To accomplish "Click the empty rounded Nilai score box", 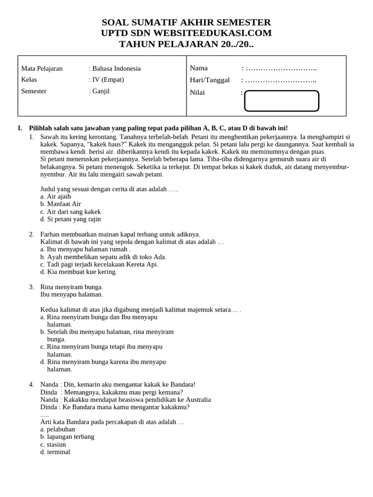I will pos(281,101).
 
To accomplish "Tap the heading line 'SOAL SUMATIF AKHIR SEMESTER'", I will pos(186,22).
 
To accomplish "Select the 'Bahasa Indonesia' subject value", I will pos(116,68).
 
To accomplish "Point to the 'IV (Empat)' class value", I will pos(108,80).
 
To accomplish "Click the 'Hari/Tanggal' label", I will pos(210,80).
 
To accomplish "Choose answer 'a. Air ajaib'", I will pos(56,197).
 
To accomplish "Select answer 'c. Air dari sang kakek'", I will pos(70,212).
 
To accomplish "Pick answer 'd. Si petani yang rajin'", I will pos(70,219).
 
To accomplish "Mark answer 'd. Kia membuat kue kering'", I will pos(79,272).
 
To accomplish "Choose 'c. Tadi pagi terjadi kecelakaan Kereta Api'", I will pos(99,264).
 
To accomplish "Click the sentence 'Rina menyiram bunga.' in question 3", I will pos(71,287).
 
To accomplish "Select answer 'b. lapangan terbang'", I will pos(68,436).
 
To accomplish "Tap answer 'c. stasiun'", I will pos(53,444).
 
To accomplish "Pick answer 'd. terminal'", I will pos(55,452).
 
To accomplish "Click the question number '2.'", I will pos(32,234).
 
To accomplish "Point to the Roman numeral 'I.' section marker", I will pos(20,128).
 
